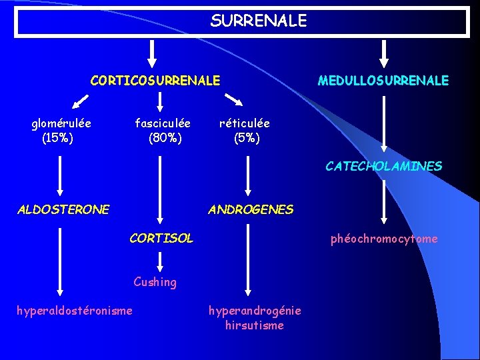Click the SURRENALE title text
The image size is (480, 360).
pyautogui.click(x=259, y=21)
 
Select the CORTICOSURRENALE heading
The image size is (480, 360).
pyautogui.click(x=155, y=81)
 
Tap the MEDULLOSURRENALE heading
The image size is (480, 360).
pyautogui.click(x=383, y=81)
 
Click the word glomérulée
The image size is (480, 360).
pyautogui.click(x=61, y=123)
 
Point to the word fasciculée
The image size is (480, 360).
pyautogui.click(x=163, y=123)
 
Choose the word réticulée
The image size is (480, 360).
pyautogui.click(x=245, y=123)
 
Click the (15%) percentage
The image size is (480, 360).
pyautogui.click(x=57, y=138)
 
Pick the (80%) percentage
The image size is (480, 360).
pyautogui.click(x=165, y=139)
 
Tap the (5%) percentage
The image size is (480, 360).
pyautogui.click(x=247, y=139)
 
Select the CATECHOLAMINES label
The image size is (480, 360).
pyautogui.click(x=383, y=167)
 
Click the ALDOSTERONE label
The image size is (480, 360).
pyautogui.click(x=63, y=209)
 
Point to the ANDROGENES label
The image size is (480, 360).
pyautogui.click(x=250, y=209)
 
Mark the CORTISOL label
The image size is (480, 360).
pyautogui.click(x=161, y=238)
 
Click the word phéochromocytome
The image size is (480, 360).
pyautogui.click(x=384, y=239)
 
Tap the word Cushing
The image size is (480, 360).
pyautogui.click(x=155, y=282)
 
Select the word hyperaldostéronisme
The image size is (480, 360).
pyautogui.click(x=74, y=310)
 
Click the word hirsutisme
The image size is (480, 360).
pyautogui.click(x=254, y=325)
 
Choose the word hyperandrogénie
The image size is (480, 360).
pyautogui.click(x=255, y=311)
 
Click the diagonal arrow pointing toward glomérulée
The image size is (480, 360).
pyautogui.click(x=80, y=101)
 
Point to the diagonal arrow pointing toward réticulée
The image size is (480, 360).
pyautogui.click(x=233, y=100)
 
